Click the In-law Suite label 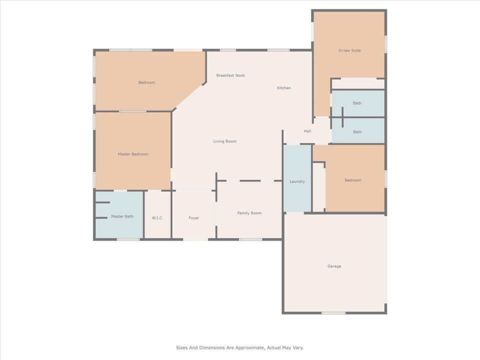(349, 50)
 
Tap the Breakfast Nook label (230, 75)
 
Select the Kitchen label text (284, 88)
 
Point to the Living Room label (224, 141)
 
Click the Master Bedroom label (133, 154)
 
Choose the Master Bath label (122, 216)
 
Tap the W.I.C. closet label (157, 218)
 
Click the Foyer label (193, 218)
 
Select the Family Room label (249, 213)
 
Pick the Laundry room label (297, 181)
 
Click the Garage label (334, 266)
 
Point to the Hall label (307, 131)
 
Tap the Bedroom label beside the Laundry (352, 180)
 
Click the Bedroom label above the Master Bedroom (146, 82)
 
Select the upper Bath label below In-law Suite (357, 103)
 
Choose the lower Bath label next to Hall (357, 132)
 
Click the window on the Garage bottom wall (333, 313)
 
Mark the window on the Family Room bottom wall (250, 239)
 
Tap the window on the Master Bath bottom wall (128, 239)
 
